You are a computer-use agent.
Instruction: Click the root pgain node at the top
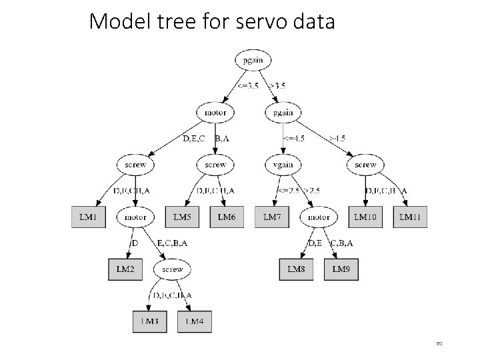click(252, 60)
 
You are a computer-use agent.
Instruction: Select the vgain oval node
click(283, 164)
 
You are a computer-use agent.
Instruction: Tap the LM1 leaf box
click(88, 217)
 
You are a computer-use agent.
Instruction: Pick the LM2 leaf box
click(125, 269)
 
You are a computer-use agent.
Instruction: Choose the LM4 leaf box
click(194, 321)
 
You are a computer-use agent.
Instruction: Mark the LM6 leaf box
click(227, 217)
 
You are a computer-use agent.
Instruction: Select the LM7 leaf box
click(272, 217)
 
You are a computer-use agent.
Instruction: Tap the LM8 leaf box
click(296, 269)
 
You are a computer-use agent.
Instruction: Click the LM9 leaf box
click(341, 269)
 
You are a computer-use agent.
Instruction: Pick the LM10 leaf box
click(365, 217)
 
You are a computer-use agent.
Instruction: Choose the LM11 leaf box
click(411, 217)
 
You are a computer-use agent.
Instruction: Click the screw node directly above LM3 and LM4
click(172, 269)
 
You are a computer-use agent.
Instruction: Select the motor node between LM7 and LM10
click(319, 217)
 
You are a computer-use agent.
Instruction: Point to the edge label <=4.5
click(294, 139)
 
